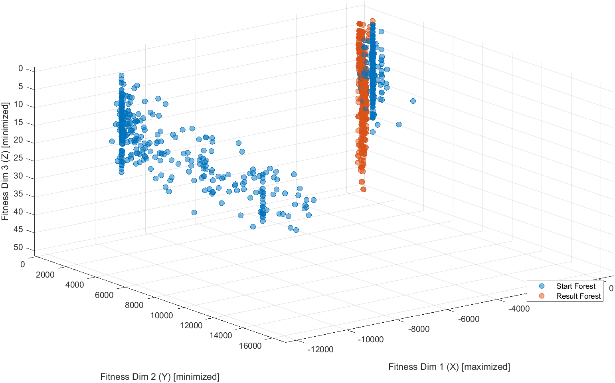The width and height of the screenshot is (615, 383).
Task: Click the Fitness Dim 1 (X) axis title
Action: (x=449, y=367)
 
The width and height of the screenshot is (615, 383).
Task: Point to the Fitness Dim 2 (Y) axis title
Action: (x=160, y=377)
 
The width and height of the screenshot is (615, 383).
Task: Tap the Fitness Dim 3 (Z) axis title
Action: (x=5, y=161)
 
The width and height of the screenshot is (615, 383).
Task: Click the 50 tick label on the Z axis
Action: (x=18, y=247)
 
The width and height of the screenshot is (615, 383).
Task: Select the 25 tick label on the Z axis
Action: (x=18, y=158)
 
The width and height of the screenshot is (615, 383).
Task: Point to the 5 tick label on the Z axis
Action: (x=21, y=87)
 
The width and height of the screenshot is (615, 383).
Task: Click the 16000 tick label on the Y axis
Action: (x=250, y=345)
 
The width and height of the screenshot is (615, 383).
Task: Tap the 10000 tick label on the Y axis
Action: (x=162, y=316)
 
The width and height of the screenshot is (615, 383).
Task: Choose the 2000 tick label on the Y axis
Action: (x=45, y=274)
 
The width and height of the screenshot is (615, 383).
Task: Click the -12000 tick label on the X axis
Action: (x=320, y=349)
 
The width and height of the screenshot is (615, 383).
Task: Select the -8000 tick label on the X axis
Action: (x=419, y=329)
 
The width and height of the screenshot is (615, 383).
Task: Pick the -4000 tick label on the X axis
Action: (x=519, y=309)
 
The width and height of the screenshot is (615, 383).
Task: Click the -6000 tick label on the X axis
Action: (x=469, y=319)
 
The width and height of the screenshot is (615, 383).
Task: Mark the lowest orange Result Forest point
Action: (x=363, y=189)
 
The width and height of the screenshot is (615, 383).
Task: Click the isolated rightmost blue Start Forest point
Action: (x=413, y=101)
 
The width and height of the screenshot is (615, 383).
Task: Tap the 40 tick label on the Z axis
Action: (x=18, y=212)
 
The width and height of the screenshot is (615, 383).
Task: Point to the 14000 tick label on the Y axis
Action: (x=220, y=335)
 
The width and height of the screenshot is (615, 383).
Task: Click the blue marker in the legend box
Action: (x=542, y=286)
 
